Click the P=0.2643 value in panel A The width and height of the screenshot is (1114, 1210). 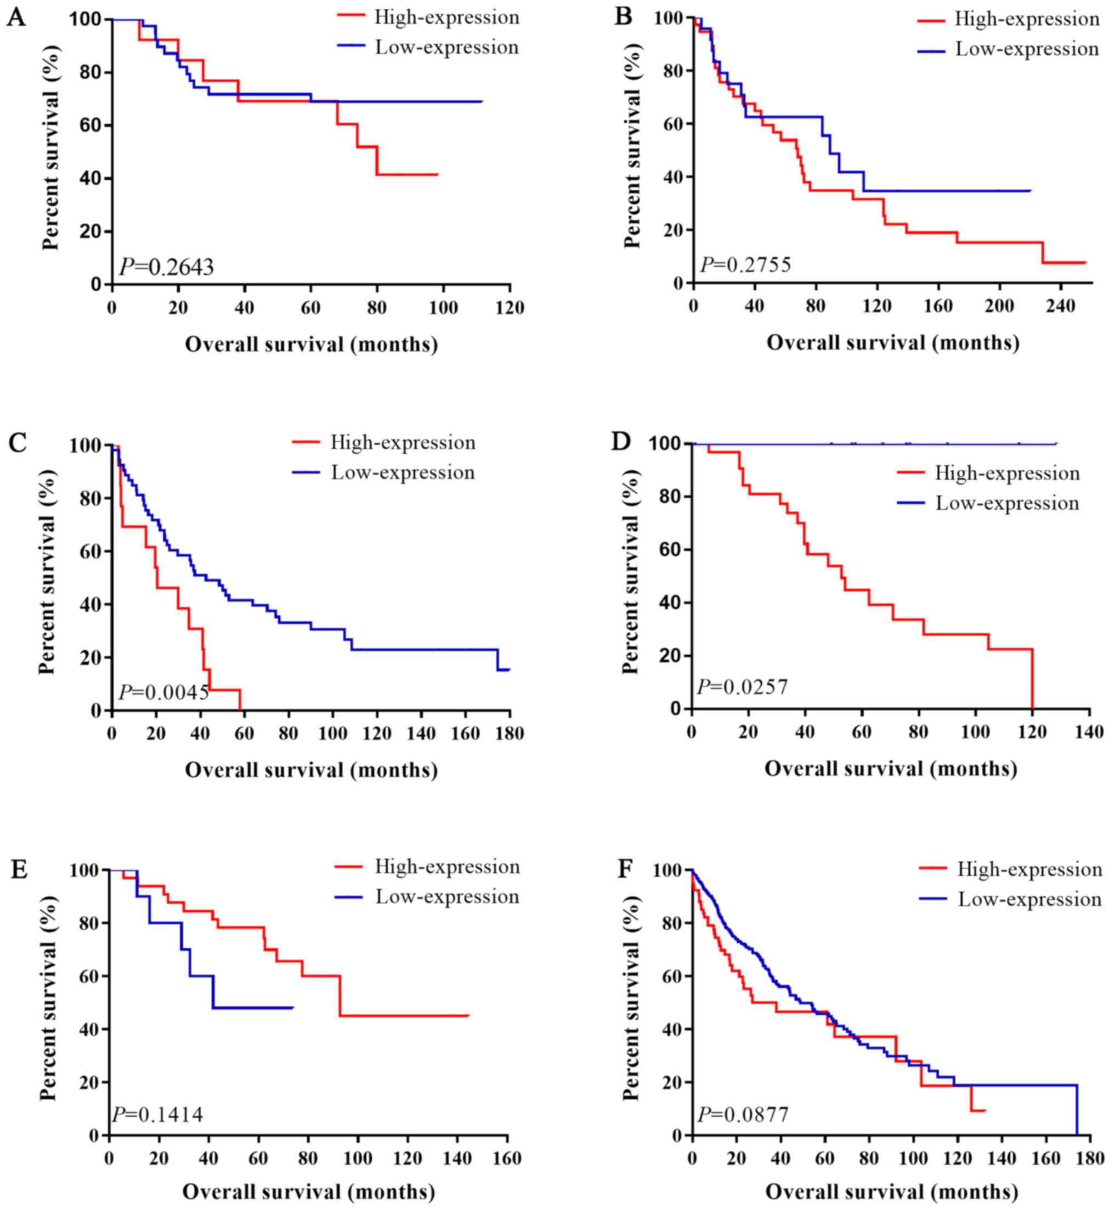[x=166, y=267]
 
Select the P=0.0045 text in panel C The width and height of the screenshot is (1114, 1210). [x=164, y=693]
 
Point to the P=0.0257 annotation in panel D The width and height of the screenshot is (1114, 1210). [x=743, y=686]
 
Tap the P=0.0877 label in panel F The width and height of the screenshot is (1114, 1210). [x=743, y=1115]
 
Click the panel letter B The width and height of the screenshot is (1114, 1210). [x=623, y=16]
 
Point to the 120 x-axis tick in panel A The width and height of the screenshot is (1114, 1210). [x=510, y=308]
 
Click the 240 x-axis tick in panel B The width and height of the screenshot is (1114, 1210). [x=1060, y=306]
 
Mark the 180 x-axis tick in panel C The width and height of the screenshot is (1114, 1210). [x=510, y=734]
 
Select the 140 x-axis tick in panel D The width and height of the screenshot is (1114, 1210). [x=1089, y=732]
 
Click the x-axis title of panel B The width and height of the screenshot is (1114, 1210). [x=893, y=343]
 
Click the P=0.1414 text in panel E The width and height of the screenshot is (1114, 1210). [x=157, y=1115]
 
